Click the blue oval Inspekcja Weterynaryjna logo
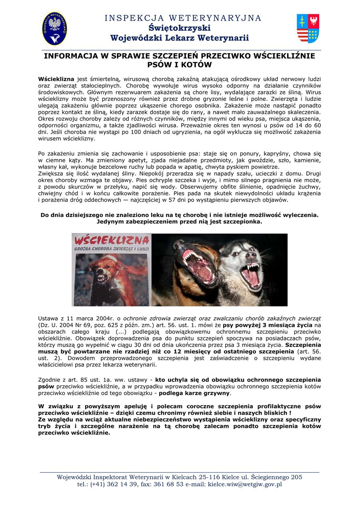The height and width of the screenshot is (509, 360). tap(55, 28)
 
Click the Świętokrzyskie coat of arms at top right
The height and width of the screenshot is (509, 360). tap(308, 28)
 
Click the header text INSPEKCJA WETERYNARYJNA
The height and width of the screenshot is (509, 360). tap(183, 18)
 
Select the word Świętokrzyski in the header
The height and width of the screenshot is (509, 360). tap(180, 28)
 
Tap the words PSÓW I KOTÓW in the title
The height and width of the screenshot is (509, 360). tap(180, 65)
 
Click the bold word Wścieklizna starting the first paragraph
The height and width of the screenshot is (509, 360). tap(56, 79)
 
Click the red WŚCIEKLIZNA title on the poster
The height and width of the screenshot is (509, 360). tap(112, 241)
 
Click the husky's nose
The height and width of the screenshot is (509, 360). tap(251, 255)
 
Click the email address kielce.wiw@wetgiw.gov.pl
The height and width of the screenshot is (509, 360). tap(245, 484)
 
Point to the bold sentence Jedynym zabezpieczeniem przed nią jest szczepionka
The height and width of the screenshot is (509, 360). tap(180, 221)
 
